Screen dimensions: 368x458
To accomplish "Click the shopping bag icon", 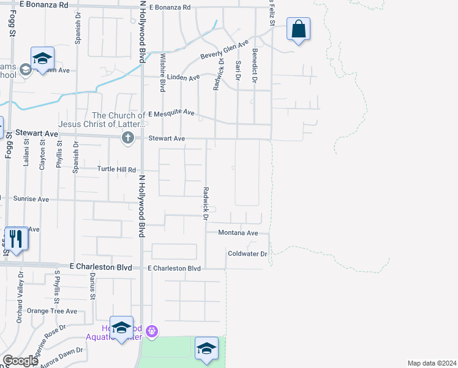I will pos(298,29).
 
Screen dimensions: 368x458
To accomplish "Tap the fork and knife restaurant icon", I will pos(15,238).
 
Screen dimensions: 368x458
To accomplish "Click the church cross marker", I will pos(128,137).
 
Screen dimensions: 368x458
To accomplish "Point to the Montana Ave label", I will pos(238,233).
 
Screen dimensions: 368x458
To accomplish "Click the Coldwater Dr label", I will pos(247,253).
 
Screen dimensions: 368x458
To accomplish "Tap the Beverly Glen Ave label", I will pos(225,52).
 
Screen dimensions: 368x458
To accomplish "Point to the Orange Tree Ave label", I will pos(56,311).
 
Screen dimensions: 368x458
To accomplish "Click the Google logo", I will pos(20,361).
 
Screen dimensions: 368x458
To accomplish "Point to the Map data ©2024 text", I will pos(432,363).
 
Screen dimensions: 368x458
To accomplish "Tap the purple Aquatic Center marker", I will pos(152,332).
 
